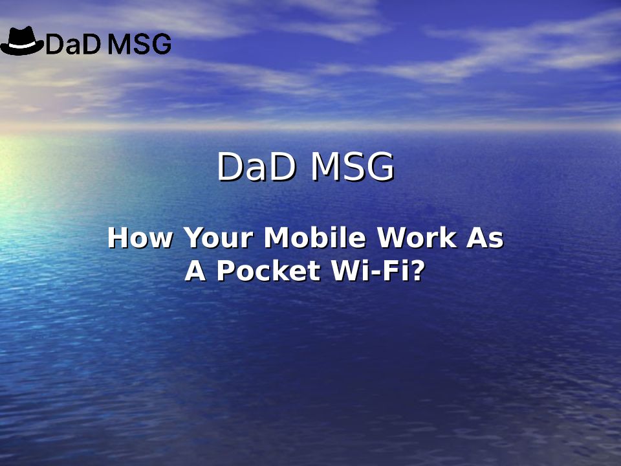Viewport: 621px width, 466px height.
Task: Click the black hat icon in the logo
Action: (x=22, y=41)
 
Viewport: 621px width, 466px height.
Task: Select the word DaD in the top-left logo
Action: (x=74, y=44)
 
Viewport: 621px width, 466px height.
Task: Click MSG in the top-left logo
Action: (x=140, y=44)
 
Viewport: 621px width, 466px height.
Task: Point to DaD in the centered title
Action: (x=257, y=166)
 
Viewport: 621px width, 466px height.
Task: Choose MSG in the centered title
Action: (x=353, y=166)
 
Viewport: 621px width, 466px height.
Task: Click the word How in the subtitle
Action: (x=140, y=238)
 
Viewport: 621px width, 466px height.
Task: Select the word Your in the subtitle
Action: (x=218, y=238)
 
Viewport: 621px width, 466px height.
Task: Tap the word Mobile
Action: (x=315, y=238)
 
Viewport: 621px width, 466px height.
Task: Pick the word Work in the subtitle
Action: (x=416, y=238)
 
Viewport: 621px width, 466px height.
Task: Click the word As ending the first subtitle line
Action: (x=485, y=238)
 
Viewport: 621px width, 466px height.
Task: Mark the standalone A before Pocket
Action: (x=195, y=271)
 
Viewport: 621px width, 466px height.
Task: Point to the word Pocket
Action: (x=268, y=271)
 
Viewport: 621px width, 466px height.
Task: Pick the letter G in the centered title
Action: (x=380, y=166)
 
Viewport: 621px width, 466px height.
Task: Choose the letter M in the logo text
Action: (x=120, y=44)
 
